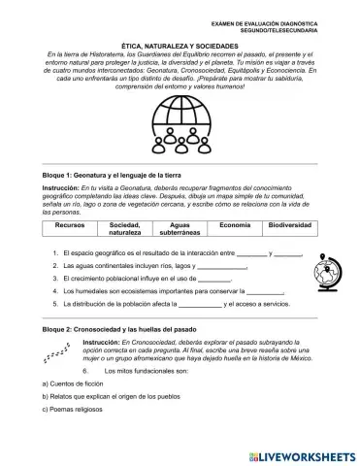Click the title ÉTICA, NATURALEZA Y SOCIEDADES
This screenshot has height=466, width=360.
tap(180, 45)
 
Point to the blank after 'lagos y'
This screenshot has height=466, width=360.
tap(229, 265)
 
